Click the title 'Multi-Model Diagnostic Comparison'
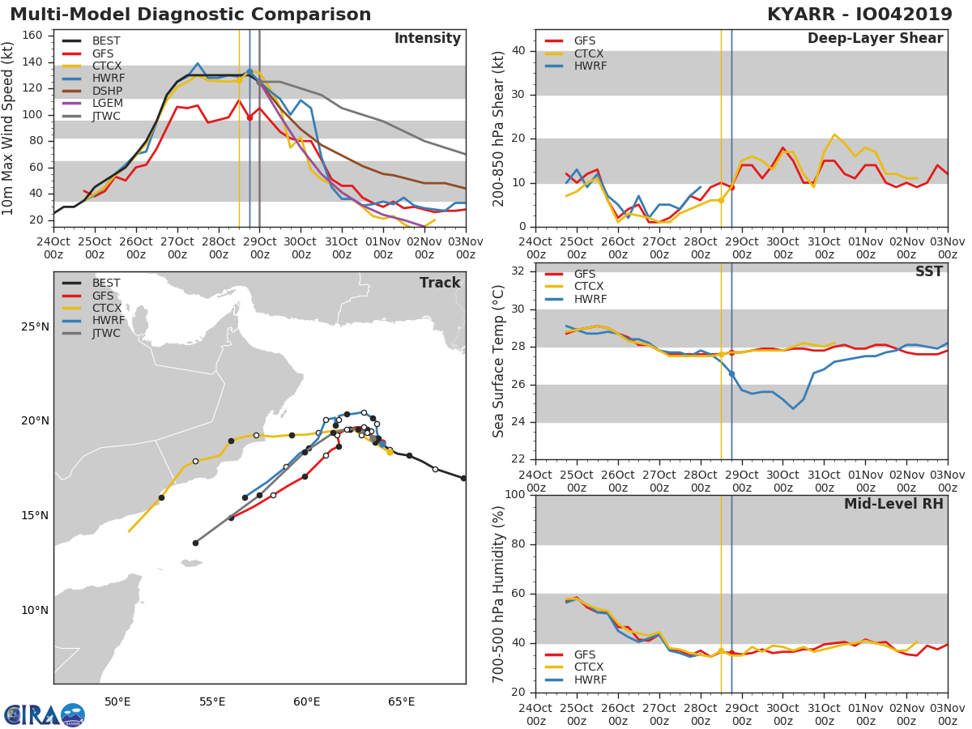click(x=190, y=15)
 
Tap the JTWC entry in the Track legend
click(x=106, y=333)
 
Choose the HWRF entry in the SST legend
click(x=590, y=299)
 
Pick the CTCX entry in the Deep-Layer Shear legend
click(x=590, y=53)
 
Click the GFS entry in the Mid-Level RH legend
click(x=590, y=654)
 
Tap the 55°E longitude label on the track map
click(x=212, y=701)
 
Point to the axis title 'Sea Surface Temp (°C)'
click(x=499, y=361)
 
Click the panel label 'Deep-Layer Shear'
click(x=875, y=39)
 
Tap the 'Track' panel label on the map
click(x=440, y=283)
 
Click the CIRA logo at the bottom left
click(x=45, y=714)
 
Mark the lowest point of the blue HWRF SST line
click(x=793, y=408)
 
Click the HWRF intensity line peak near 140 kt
click(x=198, y=63)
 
